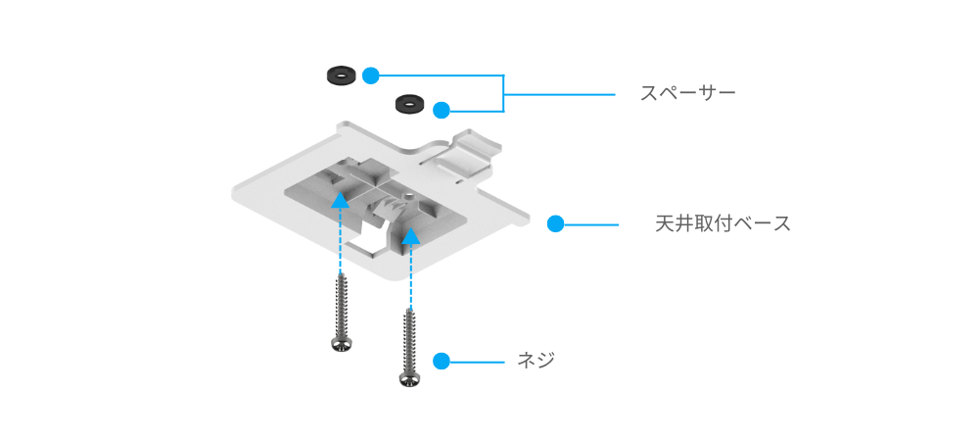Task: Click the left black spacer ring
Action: point(341,74)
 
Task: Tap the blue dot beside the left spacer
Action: point(370,74)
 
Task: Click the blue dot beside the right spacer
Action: point(442,109)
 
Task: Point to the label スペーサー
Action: point(687,94)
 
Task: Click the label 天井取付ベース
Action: point(723,223)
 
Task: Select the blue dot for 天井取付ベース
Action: point(555,223)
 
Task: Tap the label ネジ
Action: point(536,361)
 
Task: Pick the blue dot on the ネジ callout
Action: point(441,361)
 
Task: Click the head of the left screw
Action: point(341,343)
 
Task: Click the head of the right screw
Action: point(410,376)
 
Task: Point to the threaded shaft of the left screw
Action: point(341,304)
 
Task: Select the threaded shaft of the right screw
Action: point(410,338)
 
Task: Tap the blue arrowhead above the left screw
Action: point(340,200)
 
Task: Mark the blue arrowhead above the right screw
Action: point(411,235)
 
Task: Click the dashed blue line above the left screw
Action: point(340,245)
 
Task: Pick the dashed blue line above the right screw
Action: point(411,279)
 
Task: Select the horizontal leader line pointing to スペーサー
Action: point(558,94)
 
